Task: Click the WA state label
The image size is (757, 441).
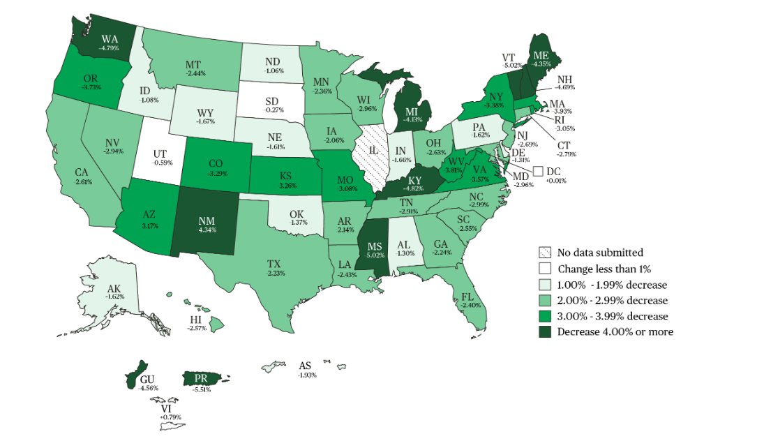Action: tap(109, 38)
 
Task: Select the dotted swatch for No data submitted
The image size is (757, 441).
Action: tap(545, 253)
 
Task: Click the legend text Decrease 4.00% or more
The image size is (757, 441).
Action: tap(615, 332)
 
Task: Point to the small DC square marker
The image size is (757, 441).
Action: tap(538, 171)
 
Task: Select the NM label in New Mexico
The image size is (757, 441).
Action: tap(206, 221)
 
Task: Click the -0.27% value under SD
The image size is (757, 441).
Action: tap(274, 110)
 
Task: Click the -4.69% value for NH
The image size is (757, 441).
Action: tap(564, 88)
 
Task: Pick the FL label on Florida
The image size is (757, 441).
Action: tap(467, 297)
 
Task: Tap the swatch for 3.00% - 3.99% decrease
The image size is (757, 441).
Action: tap(545, 316)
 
